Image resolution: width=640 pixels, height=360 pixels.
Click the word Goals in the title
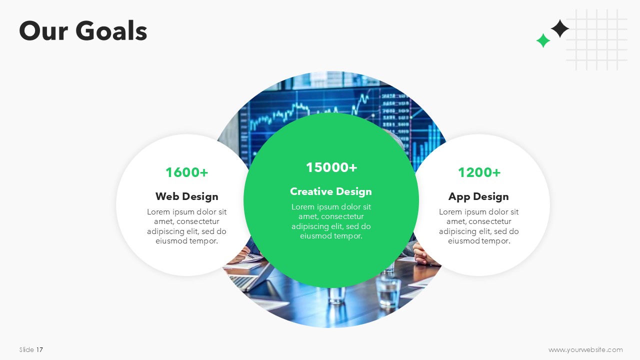pyautogui.click(x=111, y=30)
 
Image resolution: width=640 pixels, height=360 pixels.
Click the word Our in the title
pyautogui.click(x=43, y=31)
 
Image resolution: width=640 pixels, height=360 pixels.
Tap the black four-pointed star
pyautogui.click(x=559, y=28)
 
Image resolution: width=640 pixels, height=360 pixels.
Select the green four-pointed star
pyautogui.click(x=543, y=40)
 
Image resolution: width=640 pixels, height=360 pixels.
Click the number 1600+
pyautogui.click(x=187, y=172)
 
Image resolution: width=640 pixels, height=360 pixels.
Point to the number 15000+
pyautogui.click(x=331, y=167)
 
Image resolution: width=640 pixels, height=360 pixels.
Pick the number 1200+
pyautogui.click(x=479, y=172)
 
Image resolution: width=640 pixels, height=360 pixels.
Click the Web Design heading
pyautogui.click(x=187, y=196)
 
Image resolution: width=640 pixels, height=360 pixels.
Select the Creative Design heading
pyautogui.click(x=331, y=191)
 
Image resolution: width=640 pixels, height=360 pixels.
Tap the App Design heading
pyautogui.click(x=478, y=196)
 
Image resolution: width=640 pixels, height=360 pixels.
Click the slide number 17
pyautogui.click(x=39, y=349)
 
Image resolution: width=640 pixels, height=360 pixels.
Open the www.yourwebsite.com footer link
pyautogui.click(x=585, y=349)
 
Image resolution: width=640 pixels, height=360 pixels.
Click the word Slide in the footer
pyautogui.click(x=26, y=349)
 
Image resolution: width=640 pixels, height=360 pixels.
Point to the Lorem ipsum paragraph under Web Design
pyautogui.click(x=187, y=226)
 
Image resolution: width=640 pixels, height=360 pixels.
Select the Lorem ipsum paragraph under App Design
pyautogui.click(x=479, y=226)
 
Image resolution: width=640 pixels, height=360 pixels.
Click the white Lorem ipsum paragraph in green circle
pyautogui.click(x=331, y=221)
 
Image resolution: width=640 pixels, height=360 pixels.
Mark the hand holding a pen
pyautogui.click(x=241, y=255)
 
